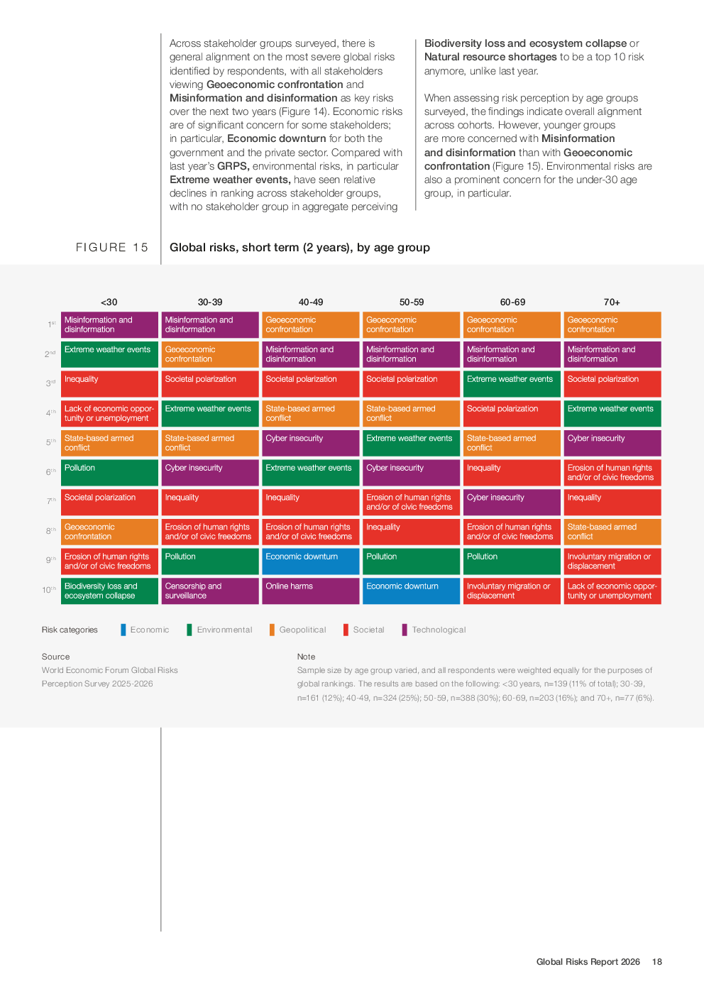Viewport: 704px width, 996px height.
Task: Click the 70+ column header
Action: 612,302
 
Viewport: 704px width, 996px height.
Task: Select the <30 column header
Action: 109,302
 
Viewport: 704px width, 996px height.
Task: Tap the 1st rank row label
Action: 51,324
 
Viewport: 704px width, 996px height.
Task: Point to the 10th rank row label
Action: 49,590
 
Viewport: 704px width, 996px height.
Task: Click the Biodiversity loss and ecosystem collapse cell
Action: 109,591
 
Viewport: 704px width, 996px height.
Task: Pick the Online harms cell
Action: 310,591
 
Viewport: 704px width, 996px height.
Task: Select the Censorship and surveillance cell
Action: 210,591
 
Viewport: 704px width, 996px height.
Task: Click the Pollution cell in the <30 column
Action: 109,472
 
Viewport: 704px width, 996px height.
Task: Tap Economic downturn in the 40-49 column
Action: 310,561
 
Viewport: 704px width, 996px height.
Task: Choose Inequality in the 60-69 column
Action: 512,472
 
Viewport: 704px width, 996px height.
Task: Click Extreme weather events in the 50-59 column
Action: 411,442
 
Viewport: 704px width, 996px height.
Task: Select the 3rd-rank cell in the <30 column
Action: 109,383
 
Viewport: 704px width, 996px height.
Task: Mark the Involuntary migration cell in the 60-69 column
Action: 512,591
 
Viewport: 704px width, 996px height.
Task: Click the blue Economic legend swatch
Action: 123,630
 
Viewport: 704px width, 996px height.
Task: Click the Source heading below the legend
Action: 55,657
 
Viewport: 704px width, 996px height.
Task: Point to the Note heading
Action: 306,657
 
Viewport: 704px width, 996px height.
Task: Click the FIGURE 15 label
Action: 112,248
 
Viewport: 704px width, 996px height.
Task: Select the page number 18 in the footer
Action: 657,962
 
